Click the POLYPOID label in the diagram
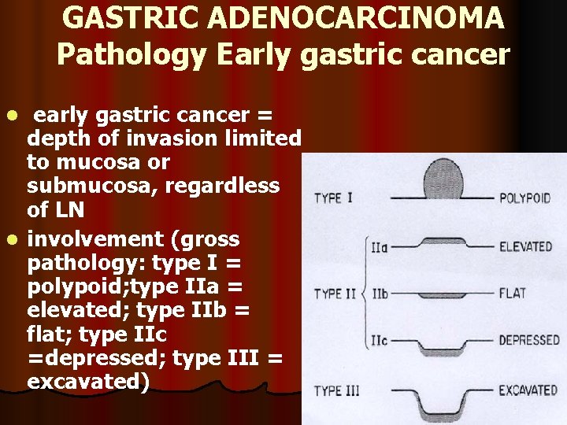point(524,198)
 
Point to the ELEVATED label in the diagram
point(526,246)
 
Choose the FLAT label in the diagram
point(513,294)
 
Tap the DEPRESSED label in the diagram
point(530,341)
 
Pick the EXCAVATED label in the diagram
point(528,390)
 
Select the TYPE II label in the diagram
point(335,294)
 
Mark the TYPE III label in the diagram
point(339,391)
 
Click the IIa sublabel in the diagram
point(379,247)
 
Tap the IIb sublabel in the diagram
point(380,294)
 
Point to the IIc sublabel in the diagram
point(379,341)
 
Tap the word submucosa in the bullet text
point(87,186)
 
